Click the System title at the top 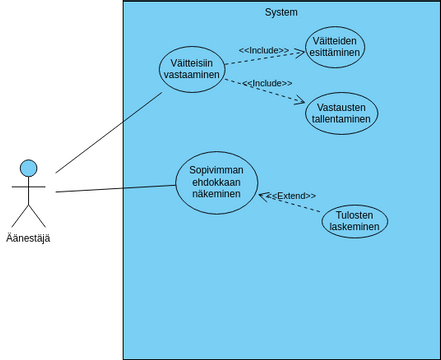click(x=281, y=12)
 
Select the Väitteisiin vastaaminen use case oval click(x=191, y=69)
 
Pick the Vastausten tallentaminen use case click(x=341, y=113)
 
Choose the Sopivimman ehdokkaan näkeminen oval click(x=216, y=182)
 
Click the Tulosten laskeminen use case click(x=355, y=222)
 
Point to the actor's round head click(x=29, y=167)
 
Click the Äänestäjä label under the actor click(x=28, y=238)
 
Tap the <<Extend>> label click(x=289, y=196)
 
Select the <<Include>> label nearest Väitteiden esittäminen click(x=264, y=50)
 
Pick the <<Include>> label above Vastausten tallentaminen click(x=267, y=84)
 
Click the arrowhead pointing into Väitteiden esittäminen click(x=301, y=50)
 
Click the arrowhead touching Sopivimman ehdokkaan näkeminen click(x=262, y=196)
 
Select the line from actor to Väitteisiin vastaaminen click(x=108, y=133)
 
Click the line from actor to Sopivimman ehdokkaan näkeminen click(x=115, y=188)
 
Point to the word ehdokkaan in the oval click(x=216, y=182)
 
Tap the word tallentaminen click(x=341, y=119)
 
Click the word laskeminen click(x=355, y=228)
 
